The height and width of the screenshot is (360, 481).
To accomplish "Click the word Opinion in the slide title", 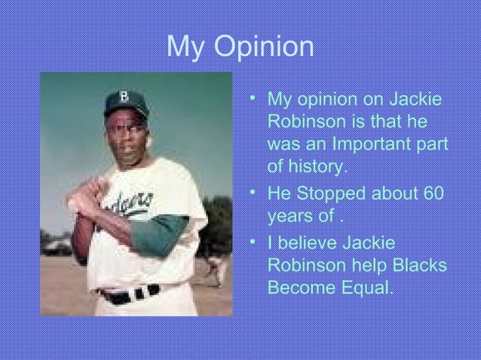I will [264, 48].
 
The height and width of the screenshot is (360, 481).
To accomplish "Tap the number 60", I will [433, 194].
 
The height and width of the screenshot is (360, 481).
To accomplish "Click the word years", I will [291, 218].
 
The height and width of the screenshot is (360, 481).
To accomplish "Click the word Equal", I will [367, 288].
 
